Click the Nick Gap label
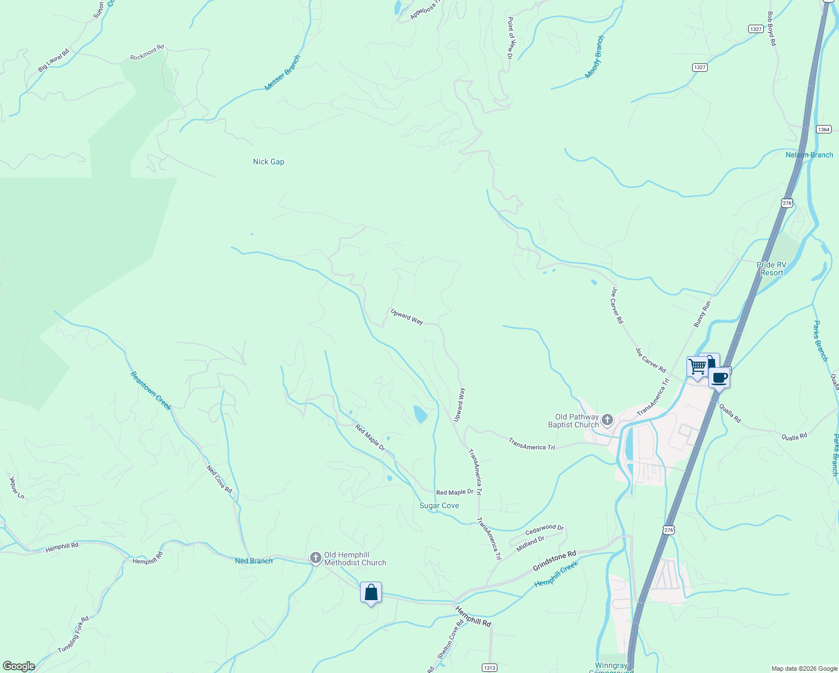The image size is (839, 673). (x=268, y=162)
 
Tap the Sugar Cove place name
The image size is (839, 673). (x=439, y=505)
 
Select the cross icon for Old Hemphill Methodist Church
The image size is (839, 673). (x=316, y=558)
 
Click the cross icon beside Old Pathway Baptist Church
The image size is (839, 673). (x=607, y=420)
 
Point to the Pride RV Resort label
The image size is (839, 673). (x=771, y=269)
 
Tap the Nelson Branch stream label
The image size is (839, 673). (x=809, y=155)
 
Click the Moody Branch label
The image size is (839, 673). (x=594, y=57)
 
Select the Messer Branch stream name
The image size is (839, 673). (x=283, y=73)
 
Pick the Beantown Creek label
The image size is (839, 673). (x=150, y=391)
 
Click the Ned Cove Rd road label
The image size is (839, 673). (x=219, y=479)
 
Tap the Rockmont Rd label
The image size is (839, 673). (x=147, y=53)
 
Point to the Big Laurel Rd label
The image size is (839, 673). (x=53, y=61)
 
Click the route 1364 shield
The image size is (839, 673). (x=823, y=130)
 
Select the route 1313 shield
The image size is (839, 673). (x=490, y=667)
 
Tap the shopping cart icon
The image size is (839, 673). (x=697, y=367)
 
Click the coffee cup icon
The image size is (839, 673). (x=720, y=377)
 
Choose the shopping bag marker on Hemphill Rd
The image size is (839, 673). (x=371, y=592)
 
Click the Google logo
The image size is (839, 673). (x=19, y=666)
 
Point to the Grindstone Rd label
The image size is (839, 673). (x=554, y=561)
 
